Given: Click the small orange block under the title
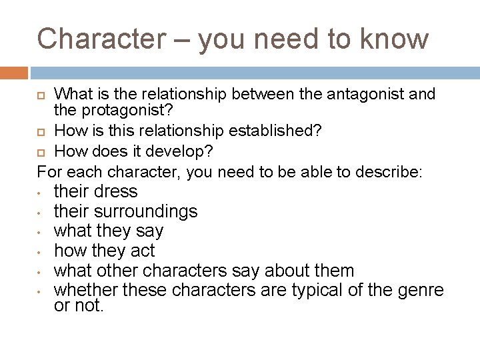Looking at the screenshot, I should coord(14,72).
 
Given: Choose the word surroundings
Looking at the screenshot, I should coord(147,211).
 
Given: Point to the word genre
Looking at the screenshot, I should coord(419,291).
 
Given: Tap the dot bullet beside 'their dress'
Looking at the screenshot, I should coord(40,193).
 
